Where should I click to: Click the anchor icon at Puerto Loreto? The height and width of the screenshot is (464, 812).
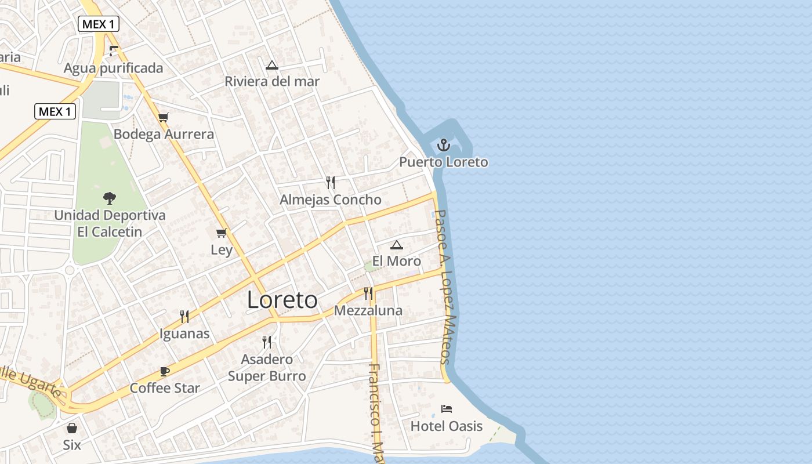(444, 145)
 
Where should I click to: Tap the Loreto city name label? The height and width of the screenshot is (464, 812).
(282, 300)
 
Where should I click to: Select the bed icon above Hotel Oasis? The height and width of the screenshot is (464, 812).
(446, 409)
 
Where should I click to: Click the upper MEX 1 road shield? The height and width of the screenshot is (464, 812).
(99, 24)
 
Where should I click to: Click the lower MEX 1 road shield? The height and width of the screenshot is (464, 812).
(55, 111)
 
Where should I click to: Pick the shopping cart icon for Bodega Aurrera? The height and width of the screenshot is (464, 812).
(164, 117)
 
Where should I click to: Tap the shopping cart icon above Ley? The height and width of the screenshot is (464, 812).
(221, 233)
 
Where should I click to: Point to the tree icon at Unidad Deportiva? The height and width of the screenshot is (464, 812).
(109, 198)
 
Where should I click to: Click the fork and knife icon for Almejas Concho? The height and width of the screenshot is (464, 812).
(331, 183)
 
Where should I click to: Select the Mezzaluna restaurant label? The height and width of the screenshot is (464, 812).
(368, 311)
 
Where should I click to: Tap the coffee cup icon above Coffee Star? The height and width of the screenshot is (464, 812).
(165, 371)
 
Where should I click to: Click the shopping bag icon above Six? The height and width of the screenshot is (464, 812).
(72, 428)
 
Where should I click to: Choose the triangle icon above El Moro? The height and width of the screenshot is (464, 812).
(396, 245)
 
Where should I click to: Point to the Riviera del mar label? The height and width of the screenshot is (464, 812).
(272, 81)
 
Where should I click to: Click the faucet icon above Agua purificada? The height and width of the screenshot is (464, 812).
(114, 51)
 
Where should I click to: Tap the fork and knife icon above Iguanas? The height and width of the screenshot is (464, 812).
(184, 317)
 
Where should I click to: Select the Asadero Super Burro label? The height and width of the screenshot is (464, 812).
(267, 368)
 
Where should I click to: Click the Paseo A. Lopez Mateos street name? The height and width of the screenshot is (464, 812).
(445, 287)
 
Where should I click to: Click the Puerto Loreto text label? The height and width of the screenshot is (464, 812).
(444, 162)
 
